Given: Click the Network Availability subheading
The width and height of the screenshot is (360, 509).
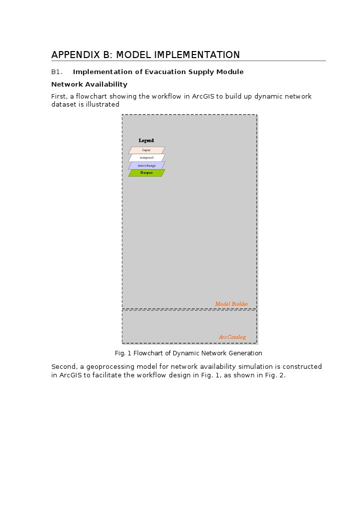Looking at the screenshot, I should (89, 85).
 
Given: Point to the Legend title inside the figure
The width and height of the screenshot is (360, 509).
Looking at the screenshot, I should (146, 141).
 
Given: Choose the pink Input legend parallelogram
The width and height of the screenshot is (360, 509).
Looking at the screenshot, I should (147, 150).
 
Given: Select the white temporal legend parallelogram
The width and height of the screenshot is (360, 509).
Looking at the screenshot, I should (147, 158).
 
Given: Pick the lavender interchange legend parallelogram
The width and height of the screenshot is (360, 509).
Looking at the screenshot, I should (147, 165).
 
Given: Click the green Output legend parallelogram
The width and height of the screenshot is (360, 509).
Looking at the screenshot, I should (147, 173).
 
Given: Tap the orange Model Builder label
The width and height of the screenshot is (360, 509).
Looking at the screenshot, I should (231, 304).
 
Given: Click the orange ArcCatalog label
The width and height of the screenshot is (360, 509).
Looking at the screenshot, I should (232, 337).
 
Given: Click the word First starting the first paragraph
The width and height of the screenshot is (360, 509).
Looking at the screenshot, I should (60, 97).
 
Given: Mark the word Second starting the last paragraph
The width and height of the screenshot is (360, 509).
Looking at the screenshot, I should (64, 367).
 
